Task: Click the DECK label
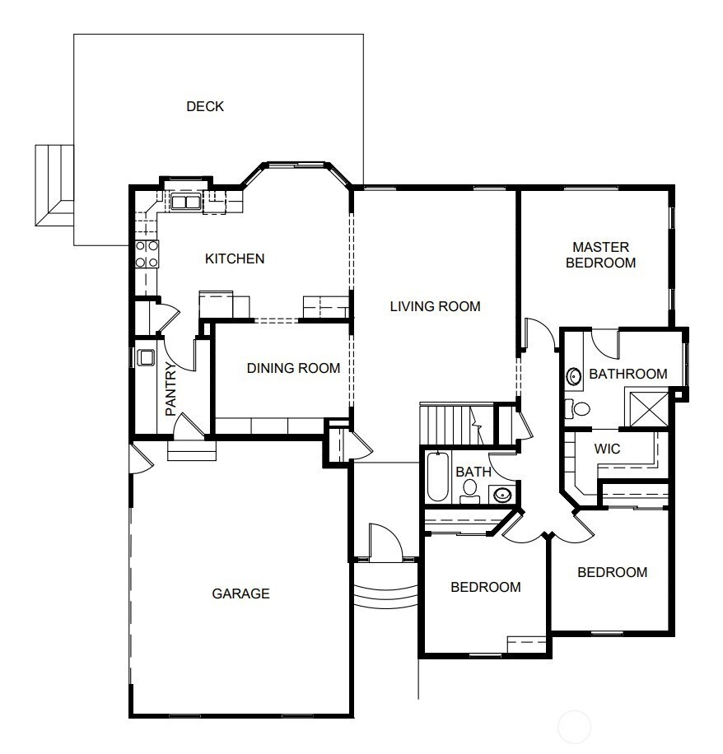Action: (205, 106)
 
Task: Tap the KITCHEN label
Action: (235, 258)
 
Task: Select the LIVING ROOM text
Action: (436, 306)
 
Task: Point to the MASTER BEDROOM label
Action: (601, 255)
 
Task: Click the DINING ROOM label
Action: (293, 368)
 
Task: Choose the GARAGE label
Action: (240, 593)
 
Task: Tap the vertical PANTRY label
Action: (170, 389)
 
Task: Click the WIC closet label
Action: (607, 449)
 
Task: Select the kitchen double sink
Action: (185, 202)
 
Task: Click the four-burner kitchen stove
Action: (147, 254)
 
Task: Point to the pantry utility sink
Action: (146, 358)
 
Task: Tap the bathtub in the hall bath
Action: (438, 477)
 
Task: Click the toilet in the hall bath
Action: (469, 491)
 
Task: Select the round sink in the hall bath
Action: (502, 495)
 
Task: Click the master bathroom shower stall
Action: (649, 409)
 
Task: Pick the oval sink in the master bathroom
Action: (573, 376)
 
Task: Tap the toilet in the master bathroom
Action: (578, 409)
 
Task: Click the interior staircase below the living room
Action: (457, 425)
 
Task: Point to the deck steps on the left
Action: (54, 185)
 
